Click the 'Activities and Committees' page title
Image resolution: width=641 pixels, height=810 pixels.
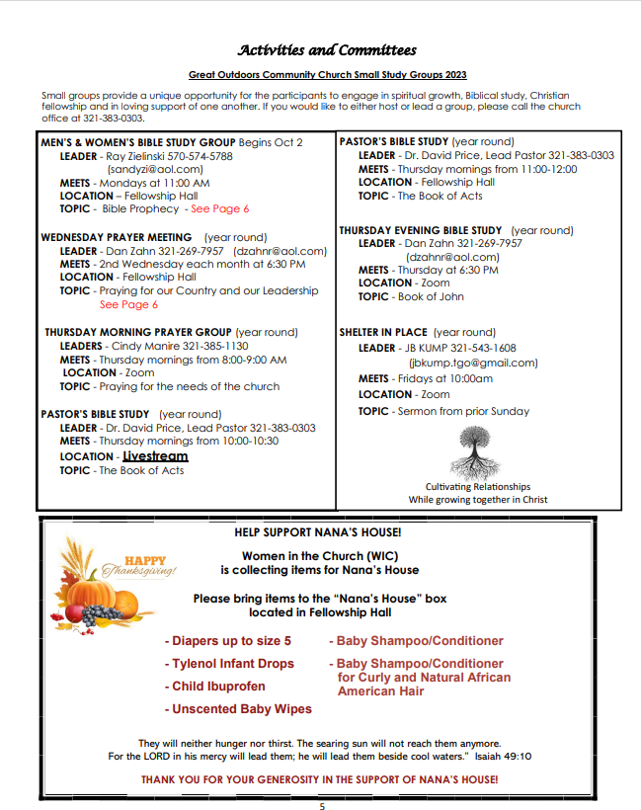pyautogui.click(x=327, y=50)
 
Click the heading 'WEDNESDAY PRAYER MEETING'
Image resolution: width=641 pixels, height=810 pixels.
pyautogui.click(x=117, y=237)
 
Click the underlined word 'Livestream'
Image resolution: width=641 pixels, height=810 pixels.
pyautogui.click(x=155, y=456)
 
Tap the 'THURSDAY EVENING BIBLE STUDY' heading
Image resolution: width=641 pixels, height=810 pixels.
pyautogui.click(x=421, y=230)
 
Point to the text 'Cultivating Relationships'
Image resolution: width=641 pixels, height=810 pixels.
pyautogui.click(x=477, y=486)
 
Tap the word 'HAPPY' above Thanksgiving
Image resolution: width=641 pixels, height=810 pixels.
pyautogui.click(x=145, y=559)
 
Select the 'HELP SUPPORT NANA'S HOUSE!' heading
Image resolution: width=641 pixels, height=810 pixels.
pyautogui.click(x=318, y=532)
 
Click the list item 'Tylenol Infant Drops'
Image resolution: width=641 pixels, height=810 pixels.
pyautogui.click(x=233, y=664)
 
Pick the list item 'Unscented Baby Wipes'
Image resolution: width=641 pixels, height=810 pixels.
pyautogui.click(x=242, y=708)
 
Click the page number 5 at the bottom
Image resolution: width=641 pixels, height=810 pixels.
pyautogui.click(x=321, y=805)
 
